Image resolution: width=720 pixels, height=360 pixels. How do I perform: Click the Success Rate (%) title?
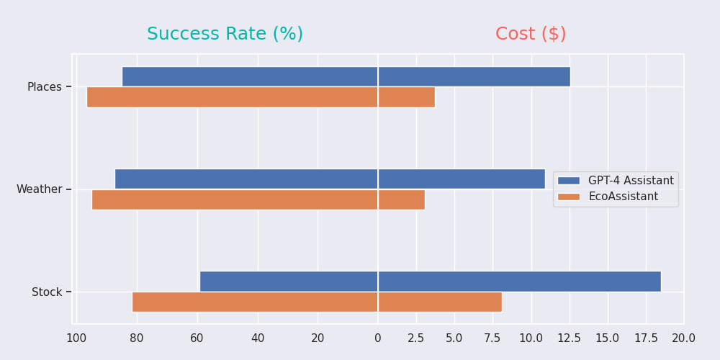[225, 34]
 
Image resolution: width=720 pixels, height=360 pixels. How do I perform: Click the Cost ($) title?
[531, 34]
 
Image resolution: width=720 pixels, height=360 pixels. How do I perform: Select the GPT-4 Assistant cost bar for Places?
[474, 76]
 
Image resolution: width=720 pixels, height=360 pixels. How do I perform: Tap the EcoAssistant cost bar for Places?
[406, 97]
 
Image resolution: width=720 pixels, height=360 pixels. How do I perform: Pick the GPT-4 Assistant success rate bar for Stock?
[289, 282]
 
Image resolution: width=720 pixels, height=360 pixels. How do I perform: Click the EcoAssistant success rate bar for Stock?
[255, 302]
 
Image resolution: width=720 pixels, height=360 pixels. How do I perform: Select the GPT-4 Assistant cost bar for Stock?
[519, 282]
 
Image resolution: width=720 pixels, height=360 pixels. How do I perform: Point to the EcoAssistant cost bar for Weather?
[401, 199]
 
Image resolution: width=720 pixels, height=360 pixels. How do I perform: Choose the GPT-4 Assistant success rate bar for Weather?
[246, 179]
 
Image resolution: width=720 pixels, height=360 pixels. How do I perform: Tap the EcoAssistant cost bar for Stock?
[440, 302]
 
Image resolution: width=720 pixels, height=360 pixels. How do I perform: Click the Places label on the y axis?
[45, 87]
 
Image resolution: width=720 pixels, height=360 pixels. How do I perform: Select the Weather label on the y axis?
[40, 189]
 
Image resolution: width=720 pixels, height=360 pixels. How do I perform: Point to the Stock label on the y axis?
[47, 292]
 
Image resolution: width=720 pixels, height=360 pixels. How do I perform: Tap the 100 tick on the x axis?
[76, 338]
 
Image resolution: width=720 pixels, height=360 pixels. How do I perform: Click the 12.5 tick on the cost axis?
[569, 338]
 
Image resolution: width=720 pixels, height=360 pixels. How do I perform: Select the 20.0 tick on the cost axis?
[683, 338]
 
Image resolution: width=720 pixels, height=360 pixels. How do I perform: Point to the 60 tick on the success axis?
[197, 338]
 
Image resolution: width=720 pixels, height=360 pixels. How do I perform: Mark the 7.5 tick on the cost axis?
[492, 338]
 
